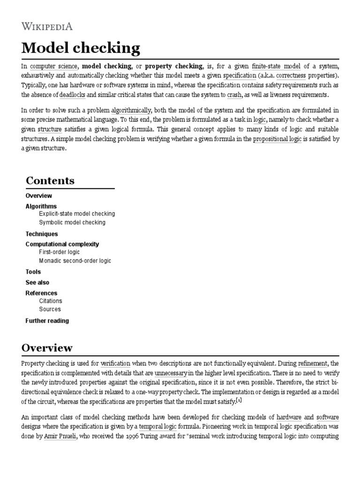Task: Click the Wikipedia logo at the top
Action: point(47,26)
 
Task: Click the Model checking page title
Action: point(81,48)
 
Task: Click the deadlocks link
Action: point(72,95)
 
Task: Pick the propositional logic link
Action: point(277,140)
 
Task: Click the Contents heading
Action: point(50,181)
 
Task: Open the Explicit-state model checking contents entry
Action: point(77,214)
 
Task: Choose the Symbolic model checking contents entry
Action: point(72,223)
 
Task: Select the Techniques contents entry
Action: point(42,234)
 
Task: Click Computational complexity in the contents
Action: point(62,244)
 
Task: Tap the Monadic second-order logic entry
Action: point(75,261)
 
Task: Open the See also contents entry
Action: point(37,283)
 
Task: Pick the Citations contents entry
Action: point(51,301)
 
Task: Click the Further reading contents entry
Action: point(47,321)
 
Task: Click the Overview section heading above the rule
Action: point(47,348)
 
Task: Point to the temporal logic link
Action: point(157,427)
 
